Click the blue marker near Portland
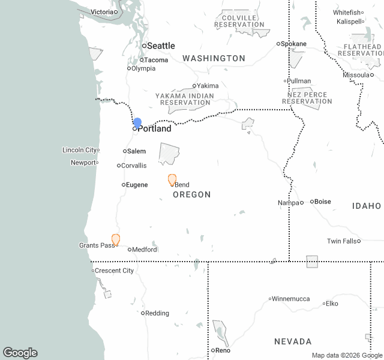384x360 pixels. point(137,123)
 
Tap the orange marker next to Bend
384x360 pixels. point(172,179)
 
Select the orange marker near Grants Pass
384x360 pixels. point(116,239)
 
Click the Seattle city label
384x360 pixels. point(161,46)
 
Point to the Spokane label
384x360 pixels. point(294,44)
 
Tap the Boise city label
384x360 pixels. point(323,202)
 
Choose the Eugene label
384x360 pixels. point(137,185)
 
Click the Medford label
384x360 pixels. point(145,250)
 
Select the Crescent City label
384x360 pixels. point(115,271)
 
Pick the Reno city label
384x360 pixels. point(223,350)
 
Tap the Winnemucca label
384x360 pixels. point(292,298)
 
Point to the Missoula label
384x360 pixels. point(355,75)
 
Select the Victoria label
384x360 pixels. point(101,12)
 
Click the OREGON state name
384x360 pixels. point(191,195)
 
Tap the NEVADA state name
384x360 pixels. point(293,341)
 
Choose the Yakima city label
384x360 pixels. point(208,86)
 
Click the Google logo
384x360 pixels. point(20,353)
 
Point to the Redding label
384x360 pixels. point(157,313)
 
